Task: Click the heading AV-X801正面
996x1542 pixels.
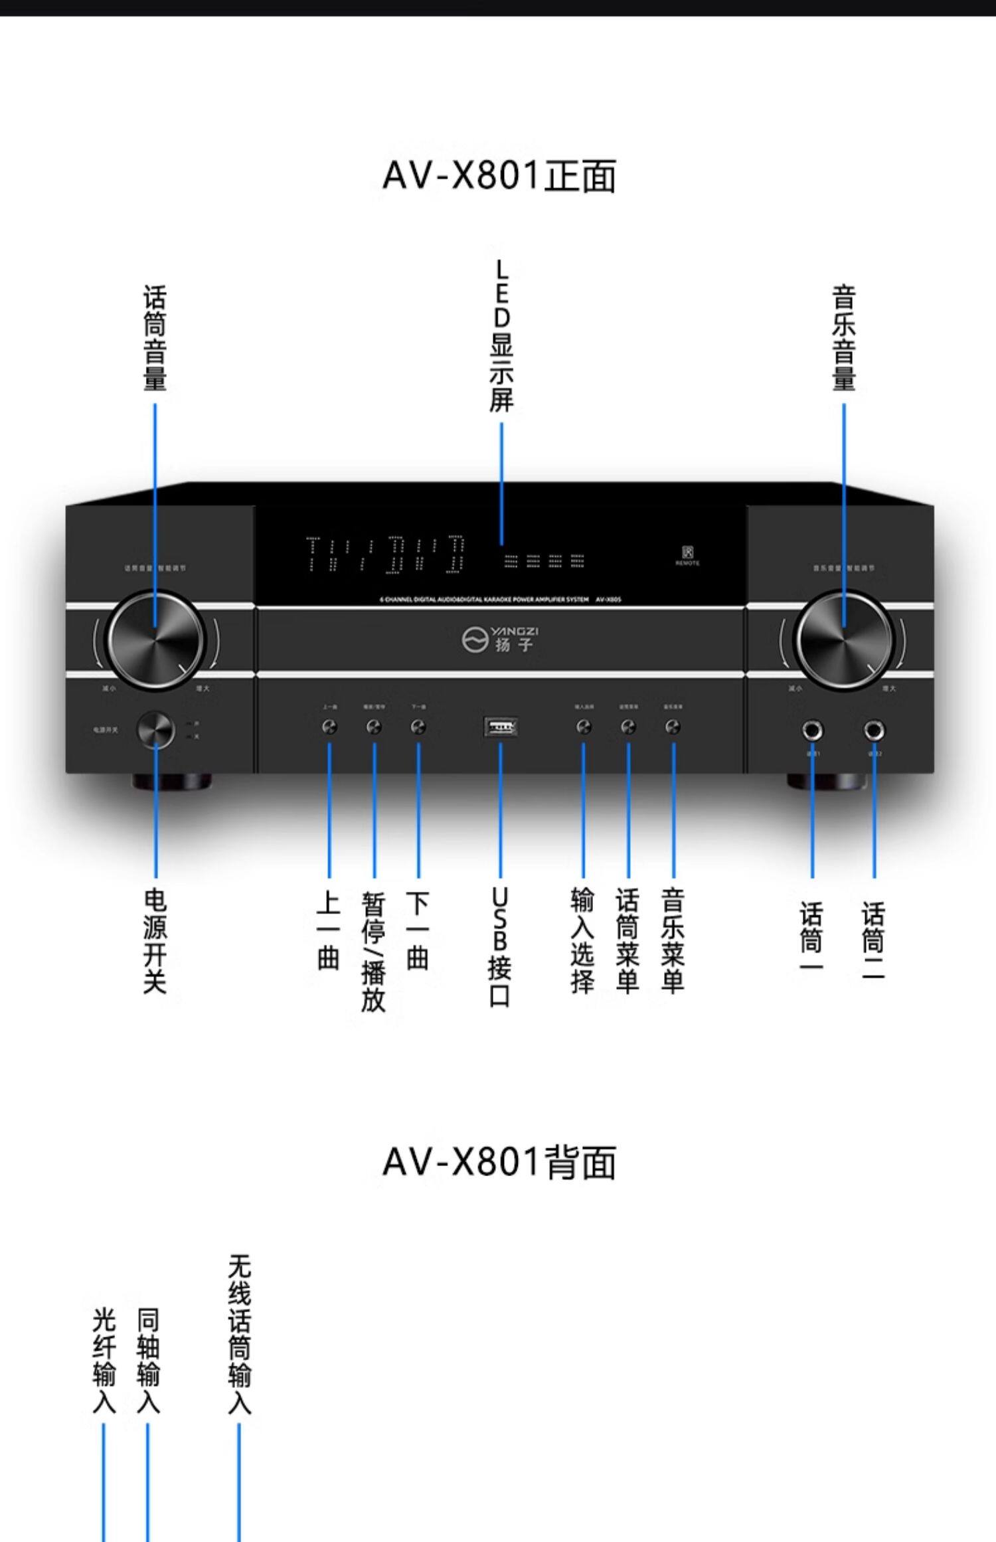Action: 499,177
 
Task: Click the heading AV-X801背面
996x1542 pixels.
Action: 499,1162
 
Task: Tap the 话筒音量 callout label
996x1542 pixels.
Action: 155,338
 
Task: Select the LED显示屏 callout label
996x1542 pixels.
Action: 501,336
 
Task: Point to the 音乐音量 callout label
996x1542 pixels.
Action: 844,338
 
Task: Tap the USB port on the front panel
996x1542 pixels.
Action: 501,728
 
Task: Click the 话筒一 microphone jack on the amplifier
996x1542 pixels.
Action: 812,731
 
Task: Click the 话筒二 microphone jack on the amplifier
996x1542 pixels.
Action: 874,731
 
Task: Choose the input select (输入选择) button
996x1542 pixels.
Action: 584,728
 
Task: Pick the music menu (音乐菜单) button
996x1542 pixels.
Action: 673,728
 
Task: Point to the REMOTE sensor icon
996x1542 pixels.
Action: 687,553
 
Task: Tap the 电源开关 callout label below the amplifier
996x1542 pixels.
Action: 155,940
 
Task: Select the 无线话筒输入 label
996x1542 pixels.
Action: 239,1335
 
